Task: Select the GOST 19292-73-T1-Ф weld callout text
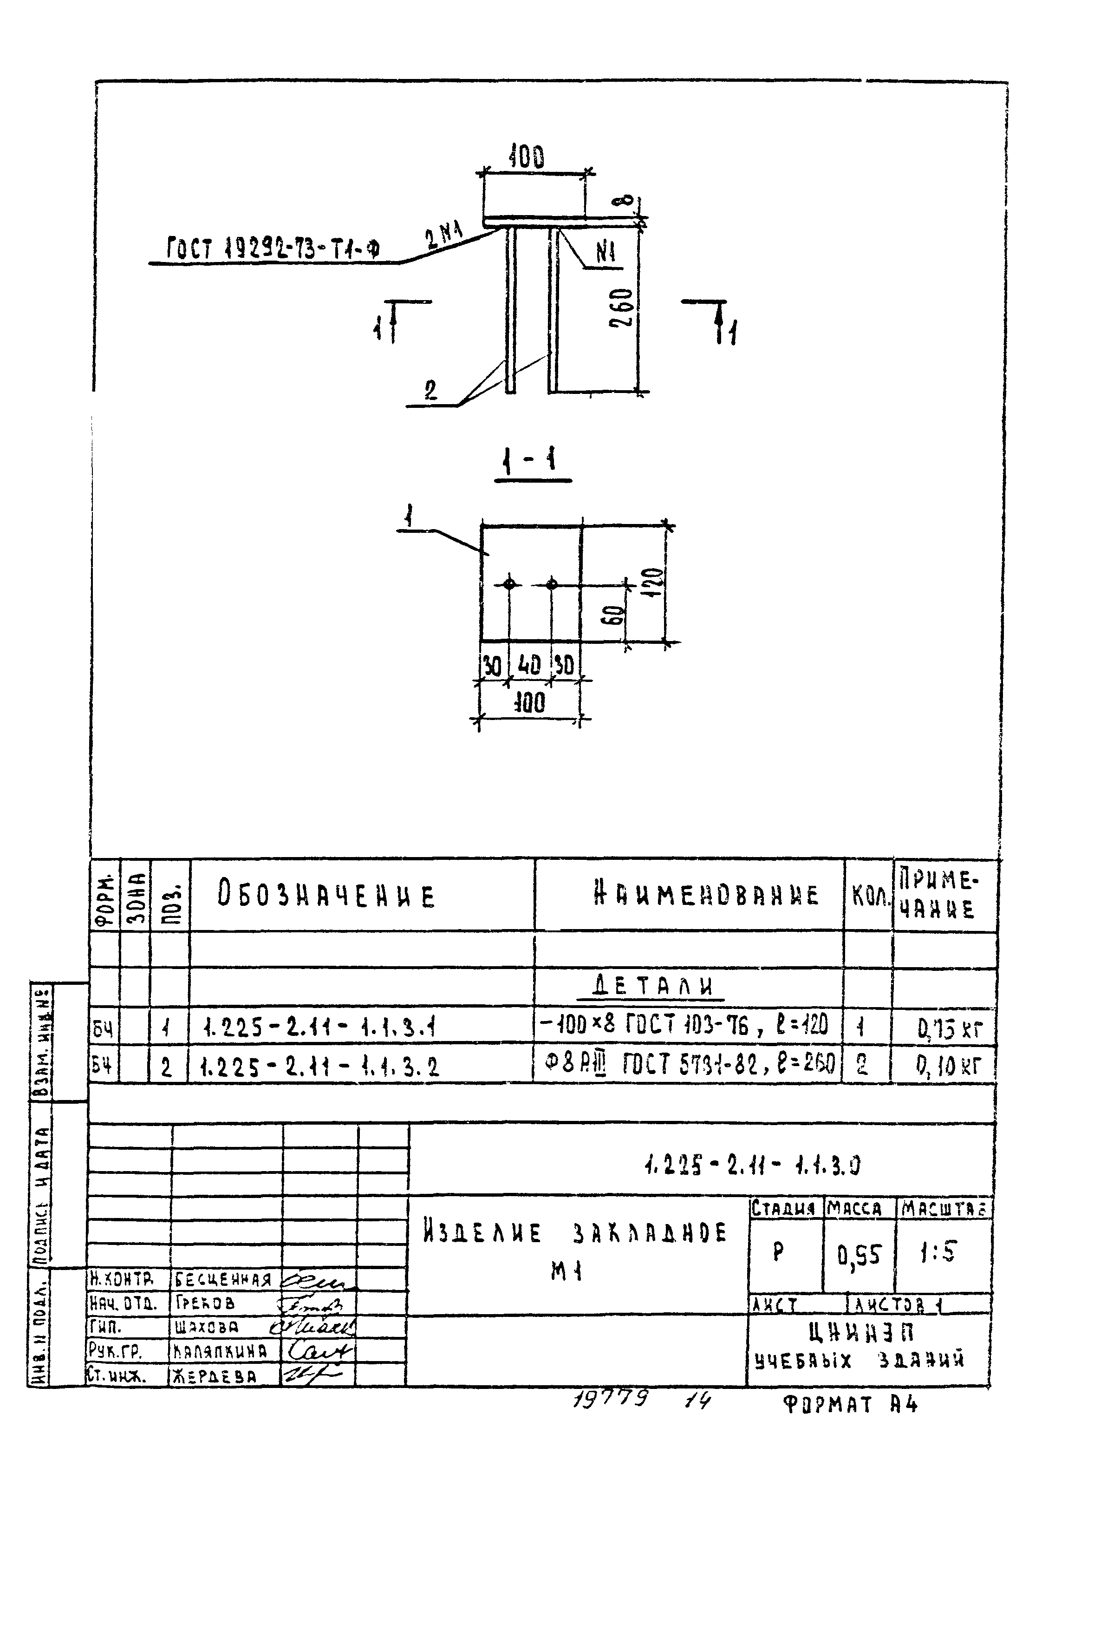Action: tap(273, 249)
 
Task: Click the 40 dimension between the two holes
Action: tap(529, 665)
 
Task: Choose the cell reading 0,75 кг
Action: tap(949, 1030)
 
